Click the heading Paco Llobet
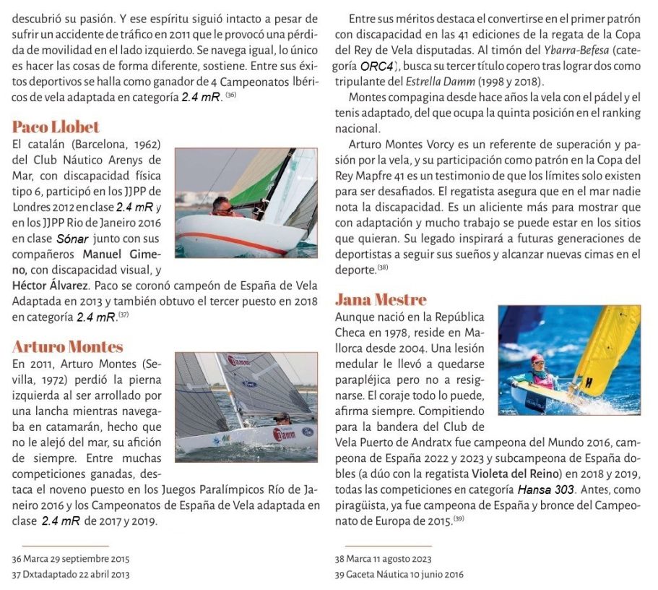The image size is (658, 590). point(56,127)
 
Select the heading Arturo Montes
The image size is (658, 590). point(67,346)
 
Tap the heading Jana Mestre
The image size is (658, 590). point(381,299)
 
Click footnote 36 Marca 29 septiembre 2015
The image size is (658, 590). point(70,559)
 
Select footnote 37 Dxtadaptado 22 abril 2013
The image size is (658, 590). point(71,574)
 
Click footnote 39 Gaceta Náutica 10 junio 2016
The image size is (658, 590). point(399,574)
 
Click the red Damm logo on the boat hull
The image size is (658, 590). point(284,434)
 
